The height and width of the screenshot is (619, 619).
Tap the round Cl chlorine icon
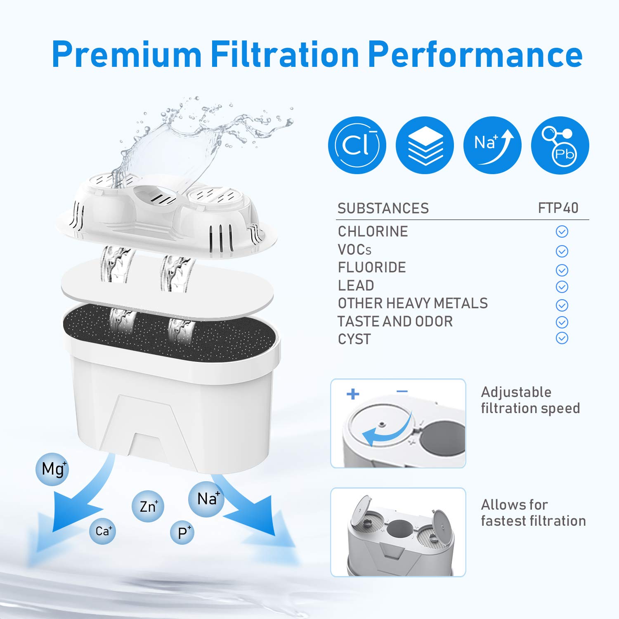click(357, 145)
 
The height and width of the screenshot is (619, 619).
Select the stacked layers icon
click(425, 145)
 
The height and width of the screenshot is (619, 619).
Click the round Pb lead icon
click(560, 145)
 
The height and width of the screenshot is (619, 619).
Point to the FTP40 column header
click(558, 208)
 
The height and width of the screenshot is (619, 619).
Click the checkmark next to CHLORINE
click(562, 232)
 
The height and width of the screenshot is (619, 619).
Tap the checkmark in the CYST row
click(562, 338)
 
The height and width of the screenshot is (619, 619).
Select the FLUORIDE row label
click(372, 267)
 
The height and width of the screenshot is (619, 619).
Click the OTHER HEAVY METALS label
click(413, 303)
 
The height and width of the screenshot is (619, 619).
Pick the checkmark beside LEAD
click(562, 286)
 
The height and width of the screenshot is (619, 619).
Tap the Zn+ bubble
click(148, 506)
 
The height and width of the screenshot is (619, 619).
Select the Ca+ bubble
click(102, 531)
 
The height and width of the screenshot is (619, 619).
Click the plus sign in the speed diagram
click(353, 394)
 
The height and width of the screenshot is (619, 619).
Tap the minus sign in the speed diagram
click(402, 391)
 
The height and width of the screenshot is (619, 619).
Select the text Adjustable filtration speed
click(530, 400)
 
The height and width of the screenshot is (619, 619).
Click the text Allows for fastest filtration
click(533, 513)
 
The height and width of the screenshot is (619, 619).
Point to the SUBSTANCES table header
click(383, 208)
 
